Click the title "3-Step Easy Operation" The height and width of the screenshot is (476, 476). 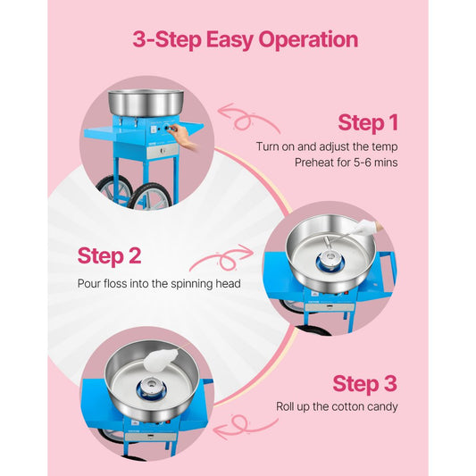coord(246,39)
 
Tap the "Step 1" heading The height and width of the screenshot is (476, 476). coord(367,122)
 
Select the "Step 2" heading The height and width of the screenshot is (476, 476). coord(109,255)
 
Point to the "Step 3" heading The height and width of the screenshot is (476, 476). coord(363,383)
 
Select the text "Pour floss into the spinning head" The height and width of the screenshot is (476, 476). coord(157,283)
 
